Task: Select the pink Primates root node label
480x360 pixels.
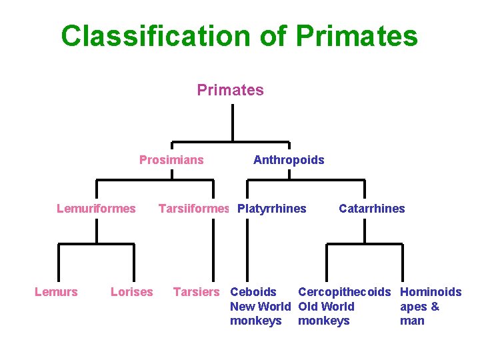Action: pos(230,90)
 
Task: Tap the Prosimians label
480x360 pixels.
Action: pos(171,160)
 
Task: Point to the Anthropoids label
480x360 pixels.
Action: pos(289,160)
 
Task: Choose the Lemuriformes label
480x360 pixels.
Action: pos(96,209)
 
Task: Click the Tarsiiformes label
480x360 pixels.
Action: pos(193,209)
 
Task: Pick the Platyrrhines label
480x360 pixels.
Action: pos(272,209)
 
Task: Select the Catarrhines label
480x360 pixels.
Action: pos(371,209)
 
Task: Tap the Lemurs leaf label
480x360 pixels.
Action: pos(56,292)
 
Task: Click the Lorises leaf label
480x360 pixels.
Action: pos(131,292)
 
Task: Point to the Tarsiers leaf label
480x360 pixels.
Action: pos(196,292)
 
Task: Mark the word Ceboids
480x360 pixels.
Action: pos(253,292)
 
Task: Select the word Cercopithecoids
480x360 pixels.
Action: pos(344,292)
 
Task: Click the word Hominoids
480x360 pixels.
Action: pos(431,292)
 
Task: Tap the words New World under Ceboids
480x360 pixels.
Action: pos(260,307)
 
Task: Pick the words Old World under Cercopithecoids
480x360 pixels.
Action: pos(326,307)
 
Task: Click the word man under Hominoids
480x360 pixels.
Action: pos(412,321)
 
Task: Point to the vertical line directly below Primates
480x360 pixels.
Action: pos(232,123)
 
